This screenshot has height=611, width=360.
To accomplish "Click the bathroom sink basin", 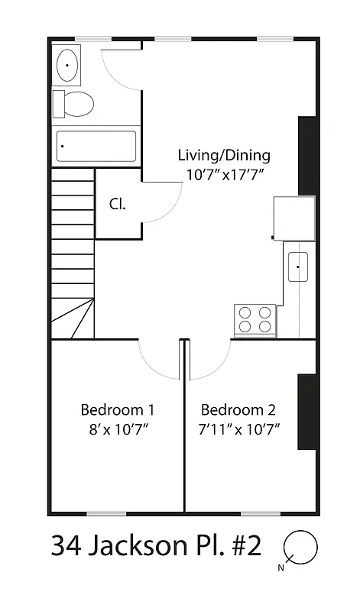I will coord(68,66).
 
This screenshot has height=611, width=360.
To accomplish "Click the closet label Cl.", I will coord(117,204).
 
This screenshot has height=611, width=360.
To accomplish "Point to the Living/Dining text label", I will coord(224,156).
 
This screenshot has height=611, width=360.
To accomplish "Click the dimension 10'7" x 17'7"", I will coord(224,175).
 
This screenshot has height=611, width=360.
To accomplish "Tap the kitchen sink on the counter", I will coord(297,267).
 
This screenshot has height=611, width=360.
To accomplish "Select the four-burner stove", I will coord(255,318).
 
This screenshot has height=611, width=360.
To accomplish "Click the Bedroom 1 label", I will coord(118,409).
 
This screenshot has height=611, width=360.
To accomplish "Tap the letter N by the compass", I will coord(281,567).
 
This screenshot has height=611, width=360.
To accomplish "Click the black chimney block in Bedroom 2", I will coord(306,412).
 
